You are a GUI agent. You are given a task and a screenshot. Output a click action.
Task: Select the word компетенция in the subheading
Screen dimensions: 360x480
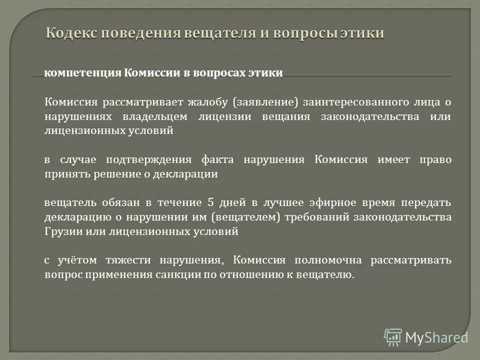83,73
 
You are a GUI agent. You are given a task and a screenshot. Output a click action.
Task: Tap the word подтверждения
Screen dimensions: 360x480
149,160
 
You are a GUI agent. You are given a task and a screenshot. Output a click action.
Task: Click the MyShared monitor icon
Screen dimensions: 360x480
393,337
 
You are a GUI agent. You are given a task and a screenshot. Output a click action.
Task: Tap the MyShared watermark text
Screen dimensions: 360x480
436,337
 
